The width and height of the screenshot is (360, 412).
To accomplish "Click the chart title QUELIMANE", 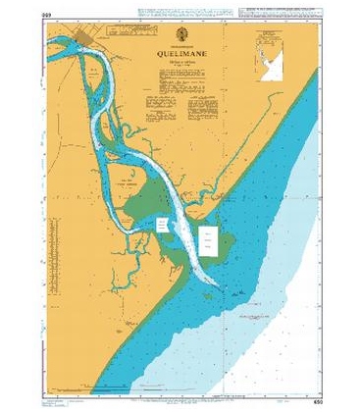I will pyautogui.click(x=173, y=55).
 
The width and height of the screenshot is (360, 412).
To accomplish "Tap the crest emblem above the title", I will pyautogui.click(x=173, y=44).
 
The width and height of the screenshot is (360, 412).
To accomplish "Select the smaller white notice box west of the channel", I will pyautogui.click(x=164, y=226).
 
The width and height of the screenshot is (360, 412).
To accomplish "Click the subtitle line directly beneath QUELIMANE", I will pyautogui.click(x=173, y=63).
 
